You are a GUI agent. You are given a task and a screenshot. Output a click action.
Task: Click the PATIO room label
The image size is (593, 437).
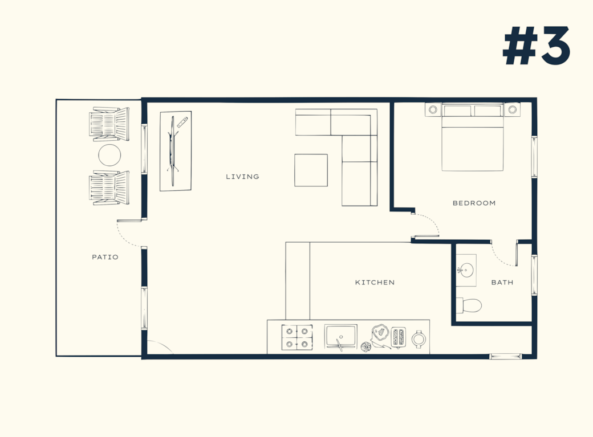coord(105,257)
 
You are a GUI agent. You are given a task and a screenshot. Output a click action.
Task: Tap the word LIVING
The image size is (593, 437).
coord(242,177)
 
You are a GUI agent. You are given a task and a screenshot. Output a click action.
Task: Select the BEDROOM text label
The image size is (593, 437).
coord(474,203)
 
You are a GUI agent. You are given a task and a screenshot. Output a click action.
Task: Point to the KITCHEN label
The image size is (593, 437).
coord(375,283)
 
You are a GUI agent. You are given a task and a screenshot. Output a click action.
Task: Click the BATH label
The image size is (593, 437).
coord(502,283)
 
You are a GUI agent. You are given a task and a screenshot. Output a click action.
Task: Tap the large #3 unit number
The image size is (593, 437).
coord(537,46)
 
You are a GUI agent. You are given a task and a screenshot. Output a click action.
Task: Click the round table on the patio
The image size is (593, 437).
coord(109,155)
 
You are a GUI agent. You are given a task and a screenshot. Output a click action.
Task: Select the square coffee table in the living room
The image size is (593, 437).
coord(311,170)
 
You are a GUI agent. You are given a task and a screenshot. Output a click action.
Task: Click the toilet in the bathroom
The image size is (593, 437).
coord(469,305)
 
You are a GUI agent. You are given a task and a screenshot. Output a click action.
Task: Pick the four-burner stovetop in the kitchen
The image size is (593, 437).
coord(297,337)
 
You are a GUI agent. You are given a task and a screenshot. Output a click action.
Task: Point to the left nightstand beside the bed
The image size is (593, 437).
coord(433,109)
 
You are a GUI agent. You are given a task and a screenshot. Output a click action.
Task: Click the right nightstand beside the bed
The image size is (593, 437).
coord(512,109)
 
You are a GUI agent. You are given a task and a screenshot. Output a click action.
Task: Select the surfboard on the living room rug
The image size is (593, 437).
coord(173,151)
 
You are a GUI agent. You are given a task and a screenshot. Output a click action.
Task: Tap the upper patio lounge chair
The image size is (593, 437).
coord(109,124)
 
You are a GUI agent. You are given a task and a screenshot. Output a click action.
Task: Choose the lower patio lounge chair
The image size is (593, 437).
coord(109,188)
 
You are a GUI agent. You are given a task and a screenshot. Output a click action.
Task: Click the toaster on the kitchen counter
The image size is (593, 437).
coord(398,337)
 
